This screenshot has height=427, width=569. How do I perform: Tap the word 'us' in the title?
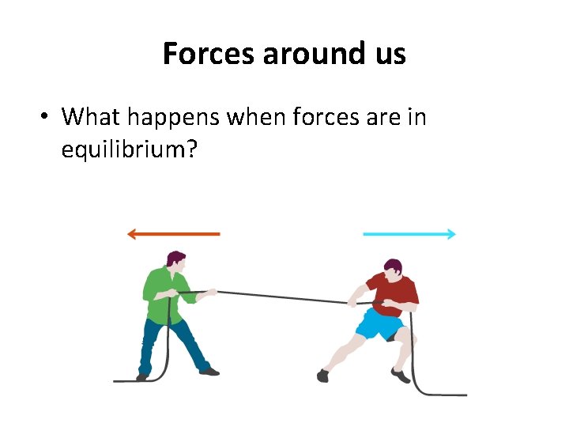click(389, 54)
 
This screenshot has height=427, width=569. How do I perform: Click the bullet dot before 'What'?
click(47, 118)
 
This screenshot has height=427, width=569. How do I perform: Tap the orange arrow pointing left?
click(173, 234)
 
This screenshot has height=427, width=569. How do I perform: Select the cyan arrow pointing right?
click(409, 234)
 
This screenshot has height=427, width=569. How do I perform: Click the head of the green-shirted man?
click(176, 261)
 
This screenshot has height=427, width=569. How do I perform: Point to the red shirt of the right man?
click(394, 293)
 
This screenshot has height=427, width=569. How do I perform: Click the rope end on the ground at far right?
click(458, 395)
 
